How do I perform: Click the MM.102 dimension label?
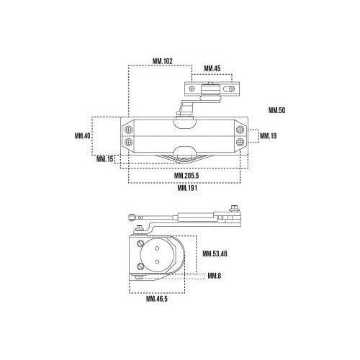(163, 61)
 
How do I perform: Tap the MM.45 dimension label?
(212, 68)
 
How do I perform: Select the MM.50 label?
(276, 110)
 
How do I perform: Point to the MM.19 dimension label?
(269, 136)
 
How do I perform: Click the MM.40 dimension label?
(82, 136)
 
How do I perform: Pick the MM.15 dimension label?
(104, 159)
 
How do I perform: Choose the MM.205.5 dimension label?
(186, 176)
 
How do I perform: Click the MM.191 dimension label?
(187, 188)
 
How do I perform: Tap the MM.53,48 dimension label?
(215, 253)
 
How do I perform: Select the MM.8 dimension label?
(214, 276)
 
